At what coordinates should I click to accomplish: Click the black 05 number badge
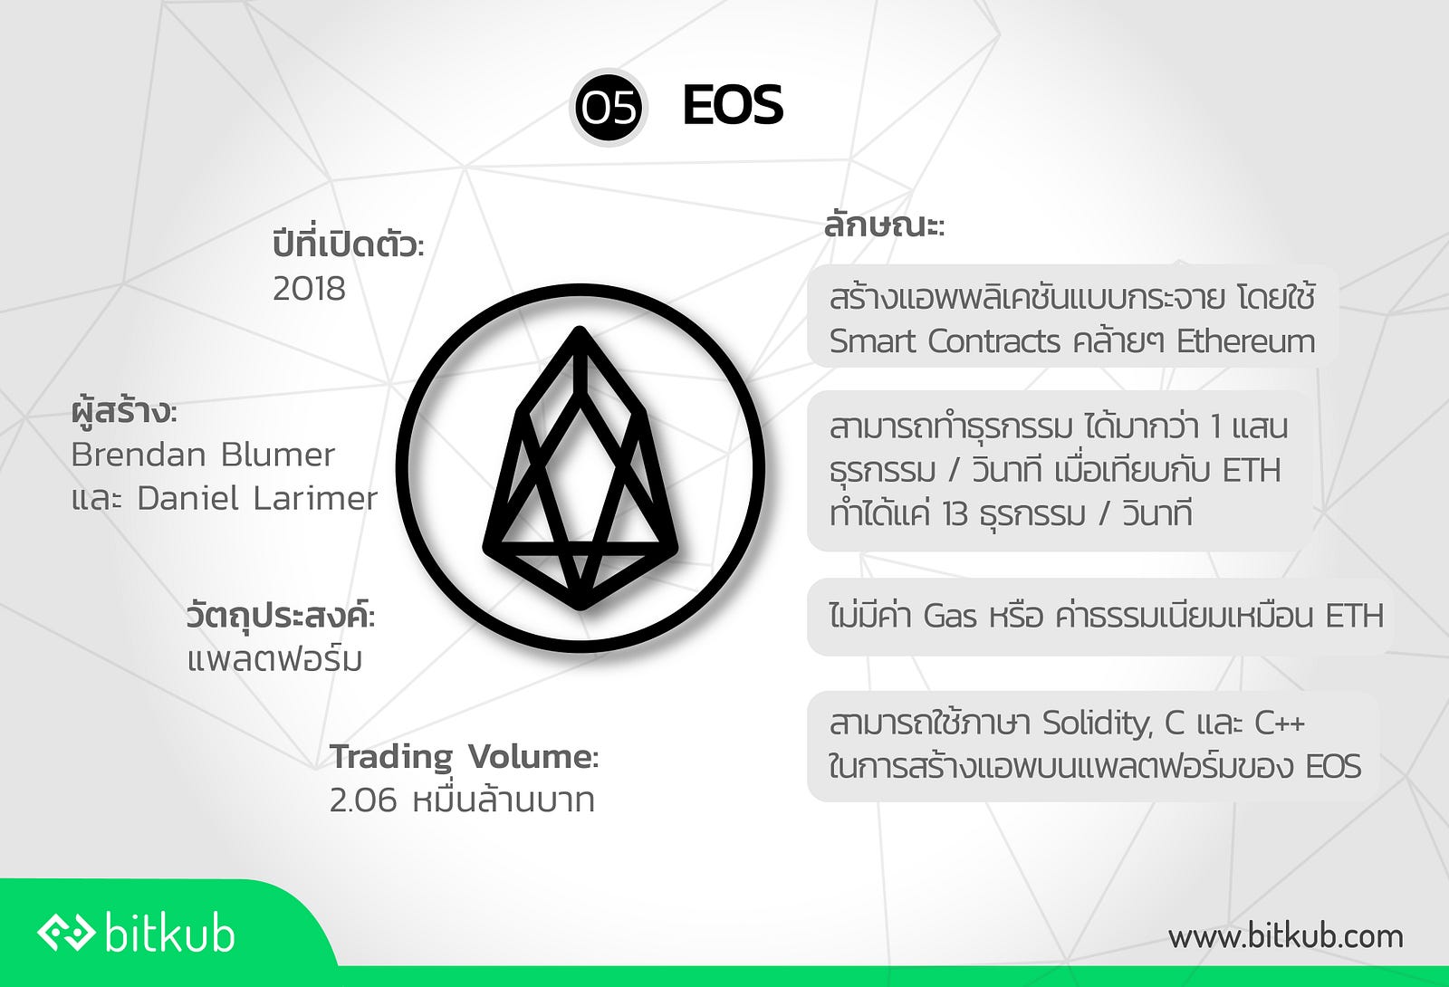[608, 108]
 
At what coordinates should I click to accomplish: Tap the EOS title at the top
[733, 105]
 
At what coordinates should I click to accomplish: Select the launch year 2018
[309, 289]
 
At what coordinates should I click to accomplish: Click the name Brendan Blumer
[203, 455]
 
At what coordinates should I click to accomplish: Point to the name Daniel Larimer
[257, 499]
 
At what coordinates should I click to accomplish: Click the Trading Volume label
[464, 757]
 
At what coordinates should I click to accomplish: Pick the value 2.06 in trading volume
[363, 800]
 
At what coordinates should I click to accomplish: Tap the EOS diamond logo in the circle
[581, 468]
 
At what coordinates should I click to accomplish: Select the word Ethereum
[1246, 340]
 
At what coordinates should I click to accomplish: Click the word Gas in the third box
[949, 616]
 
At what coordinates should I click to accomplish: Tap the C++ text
[1281, 723]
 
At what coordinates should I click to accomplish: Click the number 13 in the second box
[947, 515]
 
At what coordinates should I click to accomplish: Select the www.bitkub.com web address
[1285, 936]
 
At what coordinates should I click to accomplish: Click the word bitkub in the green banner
[169, 934]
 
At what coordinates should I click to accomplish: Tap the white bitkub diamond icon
[67, 934]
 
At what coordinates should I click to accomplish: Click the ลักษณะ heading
[884, 226]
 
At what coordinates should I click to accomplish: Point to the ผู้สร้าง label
[123, 411]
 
